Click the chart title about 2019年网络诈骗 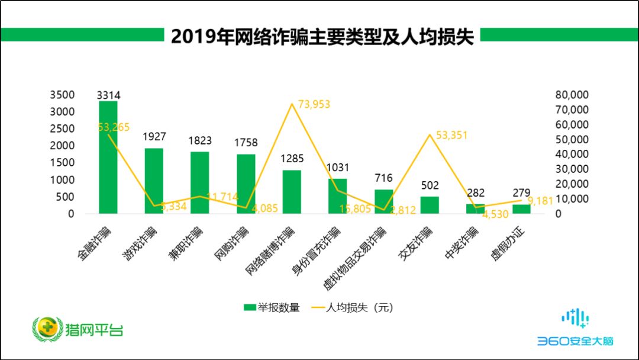[322, 37]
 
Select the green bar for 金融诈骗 [108, 157]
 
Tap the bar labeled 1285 [292, 192]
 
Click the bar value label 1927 [154, 137]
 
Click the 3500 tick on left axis [63, 95]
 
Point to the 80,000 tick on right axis [572, 95]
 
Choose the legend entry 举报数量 [272, 307]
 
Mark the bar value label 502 [430, 185]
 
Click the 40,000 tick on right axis [572, 154]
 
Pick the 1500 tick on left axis [63, 163]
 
